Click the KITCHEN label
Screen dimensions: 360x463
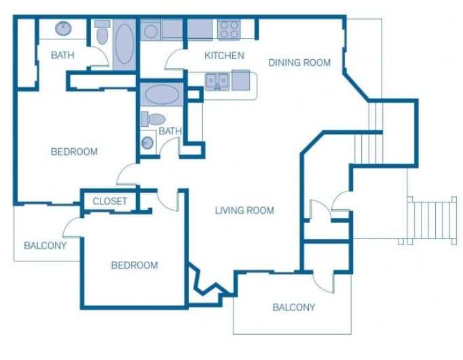point(224,56)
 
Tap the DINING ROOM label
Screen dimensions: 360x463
point(299,62)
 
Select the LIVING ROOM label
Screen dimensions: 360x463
point(244,211)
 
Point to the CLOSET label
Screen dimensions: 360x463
point(110,201)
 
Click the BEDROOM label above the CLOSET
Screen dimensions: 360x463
point(74,151)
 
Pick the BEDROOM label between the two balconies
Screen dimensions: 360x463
point(134,265)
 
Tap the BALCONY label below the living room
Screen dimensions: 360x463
point(293,307)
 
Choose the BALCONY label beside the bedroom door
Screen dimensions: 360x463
point(45,245)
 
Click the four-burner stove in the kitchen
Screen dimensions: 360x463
point(229,30)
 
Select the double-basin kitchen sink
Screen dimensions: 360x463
point(217,82)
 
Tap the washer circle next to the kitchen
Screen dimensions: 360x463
point(149,31)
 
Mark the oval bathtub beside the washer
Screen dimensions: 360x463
point(124,45)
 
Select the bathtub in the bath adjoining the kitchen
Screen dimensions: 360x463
point(160,94)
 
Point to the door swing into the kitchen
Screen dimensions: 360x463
point(174,60)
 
